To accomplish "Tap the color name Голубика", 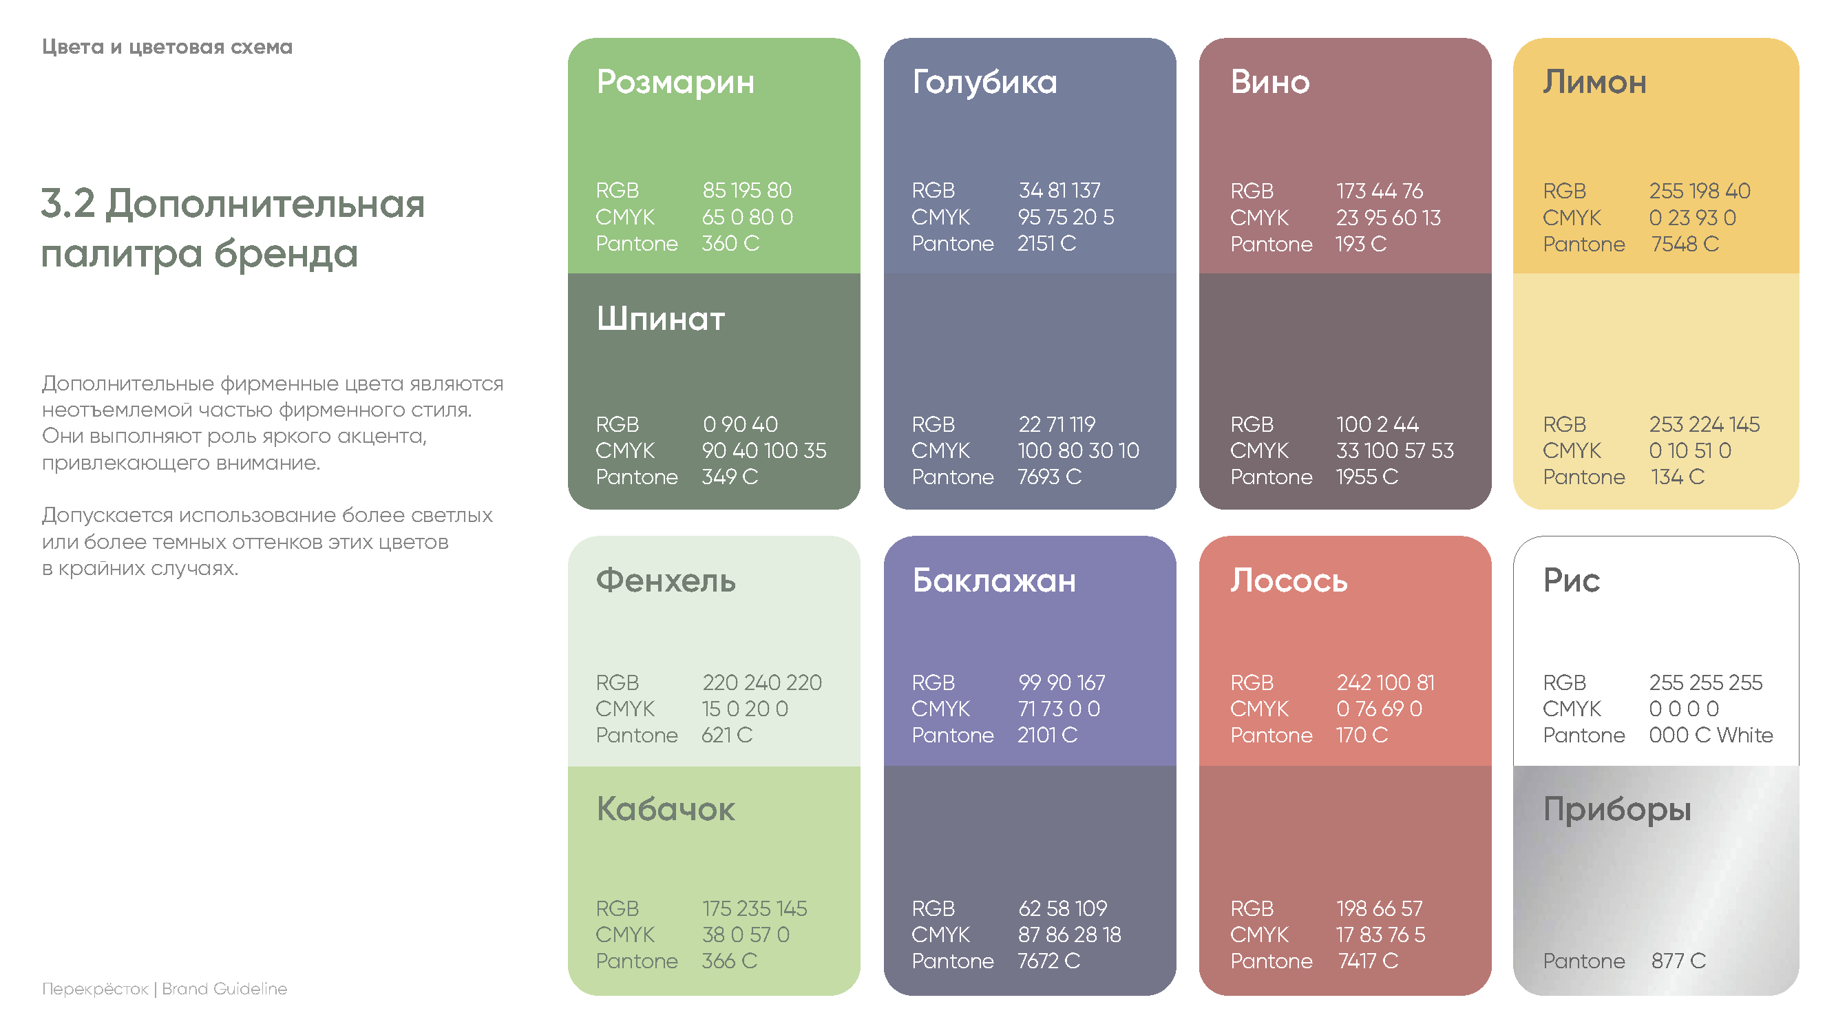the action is (984, 82).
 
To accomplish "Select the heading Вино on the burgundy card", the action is (1269, 82).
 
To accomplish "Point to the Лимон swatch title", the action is (1594, 82).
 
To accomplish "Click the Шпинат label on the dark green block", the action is (661, 319).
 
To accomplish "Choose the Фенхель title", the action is (666, 581).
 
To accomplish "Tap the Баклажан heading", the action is (993, 581).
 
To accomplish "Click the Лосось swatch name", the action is (1289, 581).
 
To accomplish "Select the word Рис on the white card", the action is (1572, 581).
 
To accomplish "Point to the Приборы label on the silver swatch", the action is (1616, 810).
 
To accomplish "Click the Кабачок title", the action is (665, 809).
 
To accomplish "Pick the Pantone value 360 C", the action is (730, 244).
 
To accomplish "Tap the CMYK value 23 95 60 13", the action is (1388, 218).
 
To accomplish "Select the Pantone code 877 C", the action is (1678, 961).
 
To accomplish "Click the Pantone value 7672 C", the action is (1048, 961).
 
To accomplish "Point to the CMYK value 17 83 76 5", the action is (1380, 935).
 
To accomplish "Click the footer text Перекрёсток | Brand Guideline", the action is (165, 989).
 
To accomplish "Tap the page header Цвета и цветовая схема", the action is (167, 47).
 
